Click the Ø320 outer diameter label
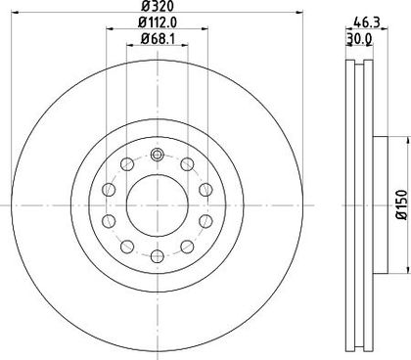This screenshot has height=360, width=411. tap(158, 6)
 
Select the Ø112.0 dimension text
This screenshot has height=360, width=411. tap(158, 22)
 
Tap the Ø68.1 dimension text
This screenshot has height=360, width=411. tap(158, 39)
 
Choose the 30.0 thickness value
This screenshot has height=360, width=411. tap(359, 39)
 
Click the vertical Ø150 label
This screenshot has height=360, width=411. tap(402, 205)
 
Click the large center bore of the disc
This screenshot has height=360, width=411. tap(158, 206)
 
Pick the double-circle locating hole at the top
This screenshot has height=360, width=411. tap(158, 155)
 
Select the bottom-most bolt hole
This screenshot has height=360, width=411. tap(158, 256)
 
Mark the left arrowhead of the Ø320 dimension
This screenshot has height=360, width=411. tap(15, 13)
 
